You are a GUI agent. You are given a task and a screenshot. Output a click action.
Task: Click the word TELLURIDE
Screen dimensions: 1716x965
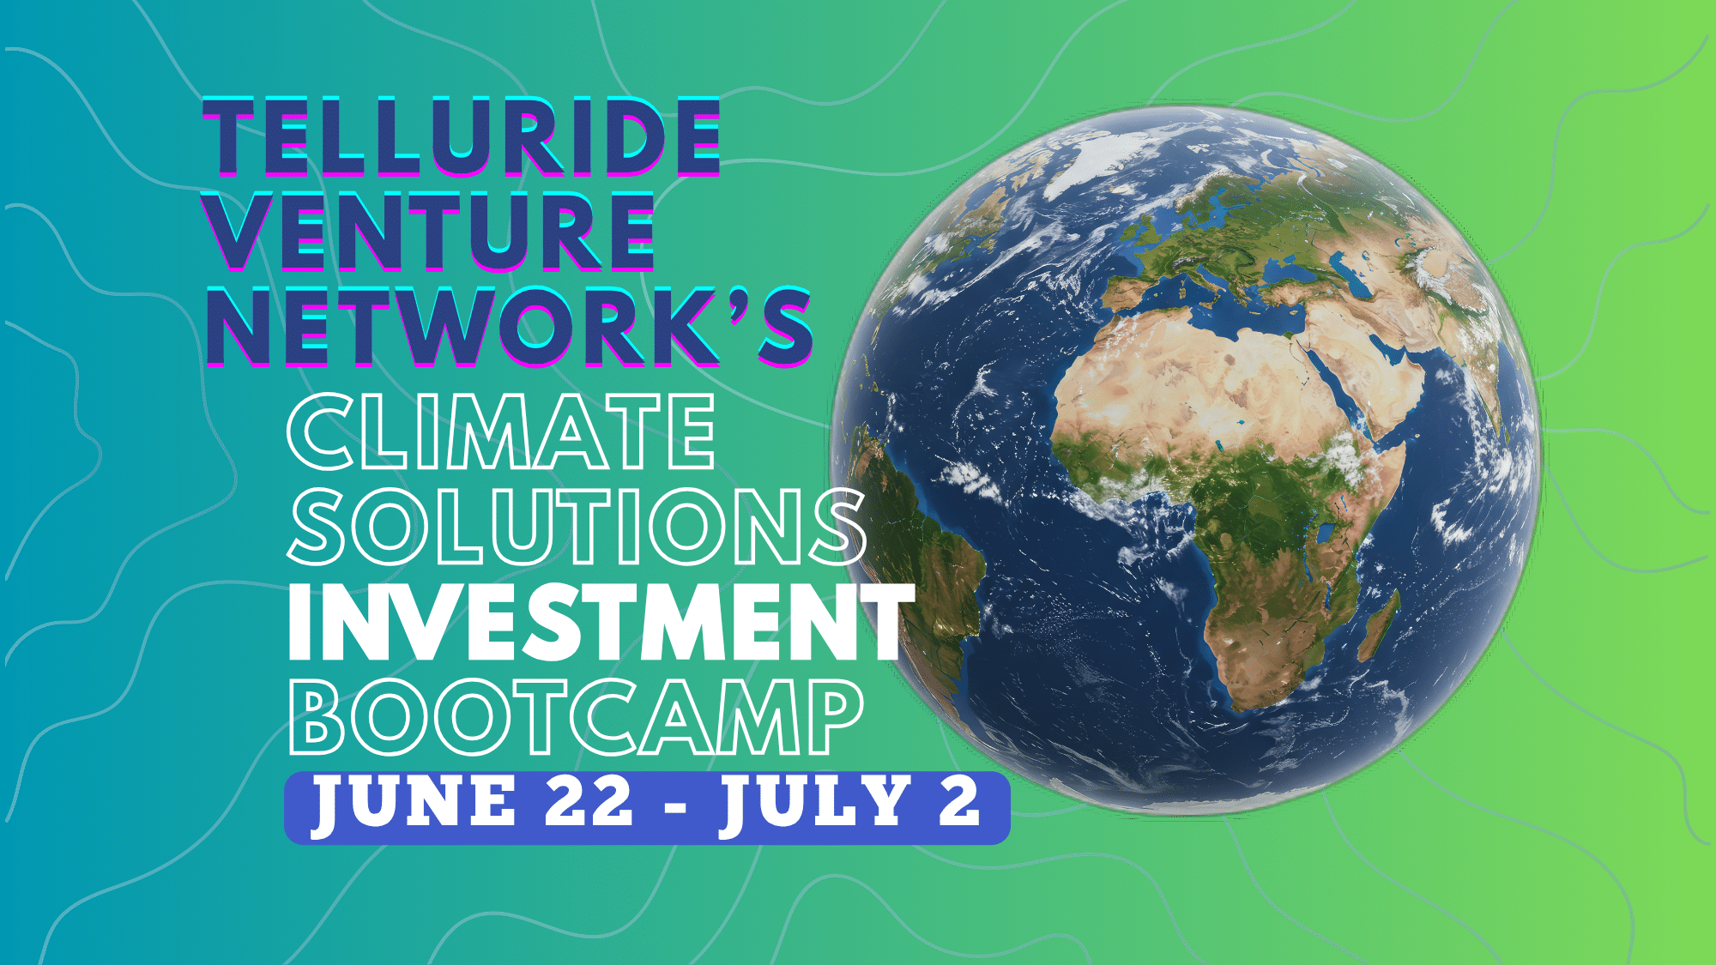[x=462, y=136]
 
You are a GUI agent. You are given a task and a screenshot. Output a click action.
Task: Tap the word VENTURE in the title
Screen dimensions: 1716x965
[x=429, y=231]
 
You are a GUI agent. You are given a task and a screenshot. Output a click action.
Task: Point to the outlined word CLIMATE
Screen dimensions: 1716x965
[x=501, y=431]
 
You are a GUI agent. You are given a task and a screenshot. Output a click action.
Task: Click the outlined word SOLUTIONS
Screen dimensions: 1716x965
[x=576, y=526]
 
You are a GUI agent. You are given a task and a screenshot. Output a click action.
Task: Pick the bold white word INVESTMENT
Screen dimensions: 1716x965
[x=601, y=622]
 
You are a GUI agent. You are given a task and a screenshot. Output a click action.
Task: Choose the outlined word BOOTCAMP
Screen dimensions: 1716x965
[x=576, y=716]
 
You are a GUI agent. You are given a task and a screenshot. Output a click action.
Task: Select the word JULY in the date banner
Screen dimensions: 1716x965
[x=814, y=802]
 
